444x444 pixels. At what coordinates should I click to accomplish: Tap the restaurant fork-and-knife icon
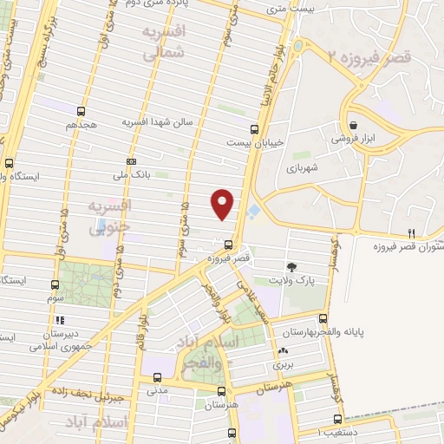(x=412, y=233)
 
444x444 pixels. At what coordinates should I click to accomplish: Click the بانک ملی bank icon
(x=131, y=161)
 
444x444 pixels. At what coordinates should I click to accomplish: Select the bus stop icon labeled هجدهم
(x=81, y=111)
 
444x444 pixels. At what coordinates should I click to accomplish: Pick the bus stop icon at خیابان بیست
(x=254, y=127)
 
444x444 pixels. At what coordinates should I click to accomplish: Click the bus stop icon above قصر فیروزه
(x=229, y=245)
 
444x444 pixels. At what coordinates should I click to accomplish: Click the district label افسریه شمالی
(x=166, y=42)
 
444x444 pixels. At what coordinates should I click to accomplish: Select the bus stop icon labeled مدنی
(x=157, y=377)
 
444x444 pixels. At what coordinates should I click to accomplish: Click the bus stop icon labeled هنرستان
(x=228, y=390)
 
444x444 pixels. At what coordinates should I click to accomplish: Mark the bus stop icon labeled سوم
(x=55, y=284)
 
